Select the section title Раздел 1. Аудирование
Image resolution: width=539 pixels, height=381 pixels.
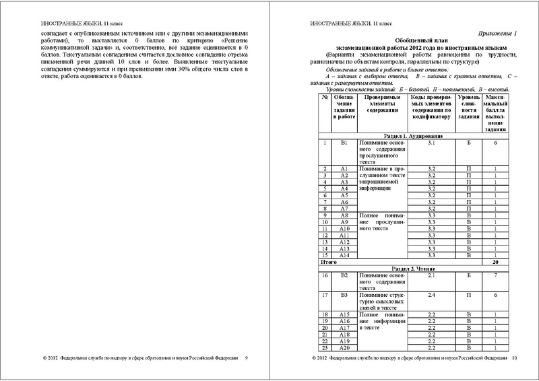coord(418,135)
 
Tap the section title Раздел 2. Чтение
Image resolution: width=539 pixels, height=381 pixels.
coord(418,268)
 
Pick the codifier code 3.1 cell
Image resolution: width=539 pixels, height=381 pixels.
coord(432,143)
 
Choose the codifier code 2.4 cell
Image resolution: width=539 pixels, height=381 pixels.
coord(432,295)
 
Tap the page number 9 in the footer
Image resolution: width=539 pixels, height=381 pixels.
coord(246,359)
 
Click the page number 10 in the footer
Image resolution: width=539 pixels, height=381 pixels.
coord(513,359)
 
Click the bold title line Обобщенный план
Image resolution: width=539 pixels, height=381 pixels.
coord(418,40)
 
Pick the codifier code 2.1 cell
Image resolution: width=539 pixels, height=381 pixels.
coord(432,275)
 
